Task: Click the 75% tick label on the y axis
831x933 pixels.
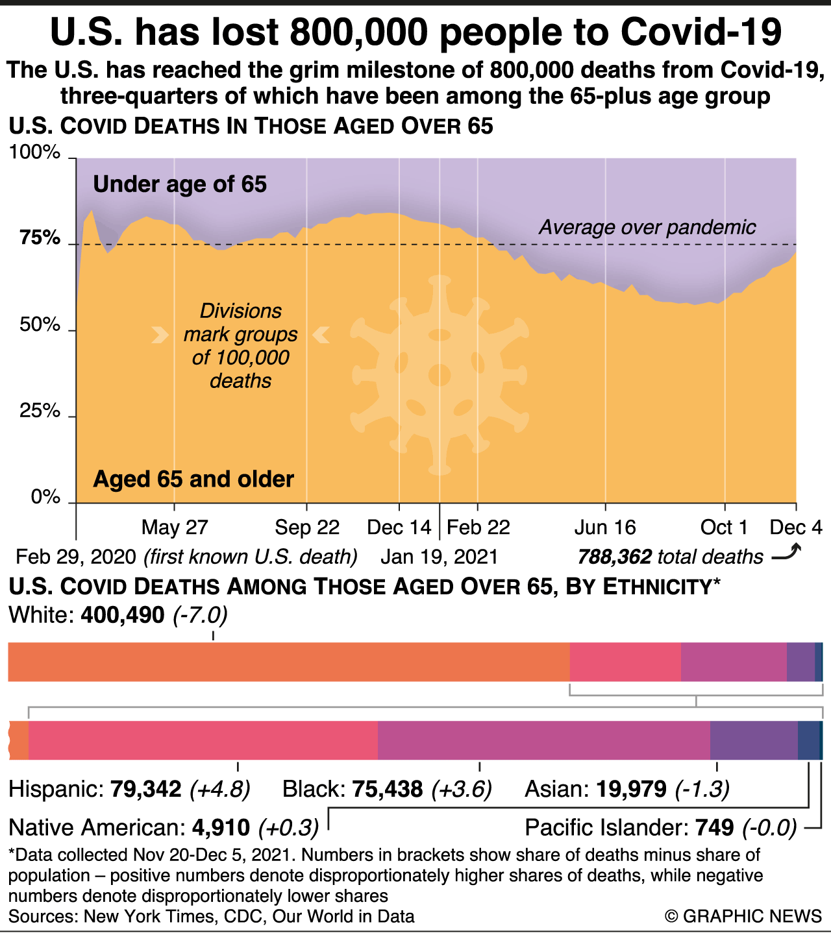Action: pyautogui.click(x=40, y=238)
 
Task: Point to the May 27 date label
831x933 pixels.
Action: pyautogui.click(x=175, y=527)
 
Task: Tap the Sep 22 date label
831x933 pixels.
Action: pyautogui.click(x=307, y=527)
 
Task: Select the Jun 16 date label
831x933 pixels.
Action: pyautogui.click(x=605, y=527)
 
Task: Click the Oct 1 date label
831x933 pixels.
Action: pyautogui.click(x=724, y=527)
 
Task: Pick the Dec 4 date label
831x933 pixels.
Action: pyautogui.click(x=796, y=527)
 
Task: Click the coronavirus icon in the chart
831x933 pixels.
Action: pyautogui.click(x=440, y=374)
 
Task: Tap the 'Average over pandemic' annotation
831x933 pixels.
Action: pyautogui.click(x=647, y=227)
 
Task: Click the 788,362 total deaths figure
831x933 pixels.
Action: pyautogui.click(x=614, y=557)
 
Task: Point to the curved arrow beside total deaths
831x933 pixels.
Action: pyautogui.click(x=787, y=553)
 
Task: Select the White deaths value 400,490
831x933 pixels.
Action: pyautogui.click(x=123, y=614)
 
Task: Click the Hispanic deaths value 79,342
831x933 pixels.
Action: pyautogui.click(x=146, y=789)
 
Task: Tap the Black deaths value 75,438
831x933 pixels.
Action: pyautogui.click(x=388, y=789)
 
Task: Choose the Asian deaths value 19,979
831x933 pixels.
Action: pyautogui.click(x=631, y=789)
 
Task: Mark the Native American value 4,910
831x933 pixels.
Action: pyautogui.click(x=221, y=828)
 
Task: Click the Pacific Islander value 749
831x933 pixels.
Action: pyautogui.click(x=715, y=828)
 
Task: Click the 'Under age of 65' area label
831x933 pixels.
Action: pyautogui.click(x=180, y=184)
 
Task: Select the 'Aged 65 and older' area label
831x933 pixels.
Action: pyautogui.click(x=193, y=479)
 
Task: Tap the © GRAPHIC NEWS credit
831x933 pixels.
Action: pyautogui.click(x=743, y=916)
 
